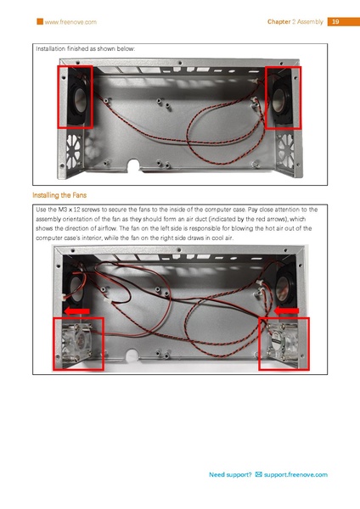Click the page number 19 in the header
point(335,20)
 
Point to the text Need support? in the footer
point(230,475)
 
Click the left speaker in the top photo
point(75,98)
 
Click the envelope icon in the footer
point(258,475)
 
